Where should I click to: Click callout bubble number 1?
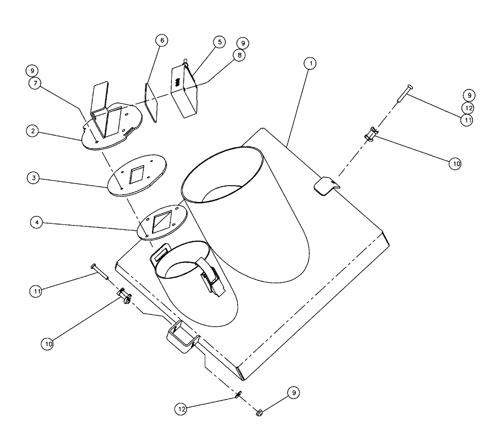[x=311, y=63]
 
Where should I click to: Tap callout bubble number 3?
[x=33, y=177]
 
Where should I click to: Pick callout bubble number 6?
[x=162, y=40]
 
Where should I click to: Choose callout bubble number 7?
[x=35, y=83]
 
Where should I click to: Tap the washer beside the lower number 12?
[x=239, y=395]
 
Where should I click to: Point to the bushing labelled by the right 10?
[x=372, y=134]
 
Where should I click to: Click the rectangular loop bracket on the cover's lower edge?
[x=181, y=338]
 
